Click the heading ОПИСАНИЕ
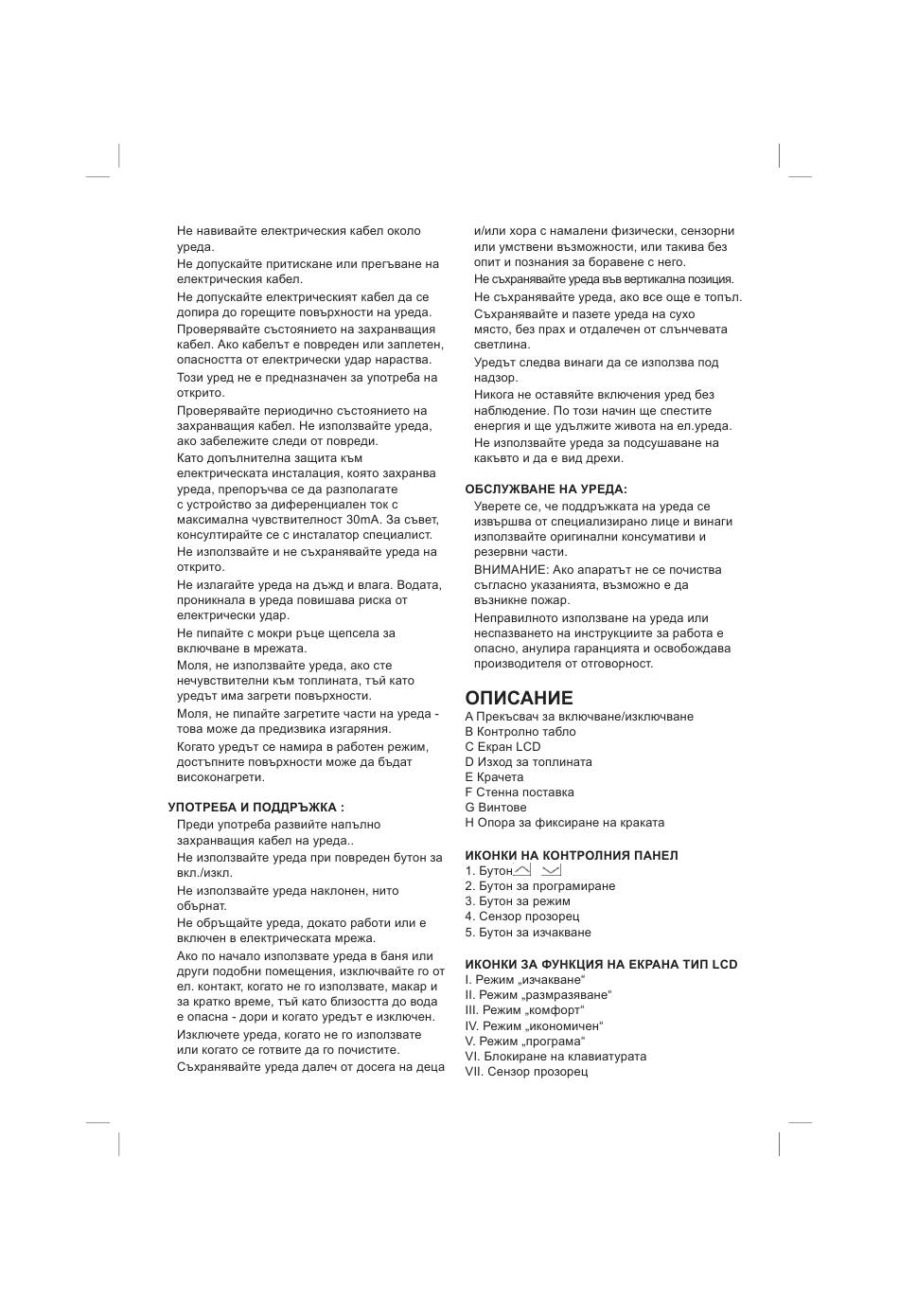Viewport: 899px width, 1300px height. [519, 698]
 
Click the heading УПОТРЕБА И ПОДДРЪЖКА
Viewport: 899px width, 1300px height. [256, 808]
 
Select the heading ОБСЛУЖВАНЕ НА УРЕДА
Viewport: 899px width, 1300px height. [546, 490]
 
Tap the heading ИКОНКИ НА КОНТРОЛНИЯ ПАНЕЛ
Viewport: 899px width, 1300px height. [572, 855]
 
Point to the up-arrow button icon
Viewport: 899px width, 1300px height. [523, 870]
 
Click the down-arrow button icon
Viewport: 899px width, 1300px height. [553, 870]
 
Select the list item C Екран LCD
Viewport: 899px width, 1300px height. [502, 747]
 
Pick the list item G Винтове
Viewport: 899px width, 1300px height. [496, 808]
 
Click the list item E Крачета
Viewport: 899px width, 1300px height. [494, 777]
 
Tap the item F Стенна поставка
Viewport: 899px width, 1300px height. [520, 792]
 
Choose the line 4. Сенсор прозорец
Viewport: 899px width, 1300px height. [521, 917]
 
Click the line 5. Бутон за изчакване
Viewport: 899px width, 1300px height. [528, 932]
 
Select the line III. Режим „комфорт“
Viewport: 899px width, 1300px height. [524, 1010]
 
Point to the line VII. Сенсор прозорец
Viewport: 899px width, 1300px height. [526, 1071]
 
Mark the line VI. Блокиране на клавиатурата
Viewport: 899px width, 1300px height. [555, 1056]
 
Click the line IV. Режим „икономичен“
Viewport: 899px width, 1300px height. [534, 1025]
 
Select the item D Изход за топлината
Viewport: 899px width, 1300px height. [528, 762]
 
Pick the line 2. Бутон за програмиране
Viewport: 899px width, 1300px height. [539, 886]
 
